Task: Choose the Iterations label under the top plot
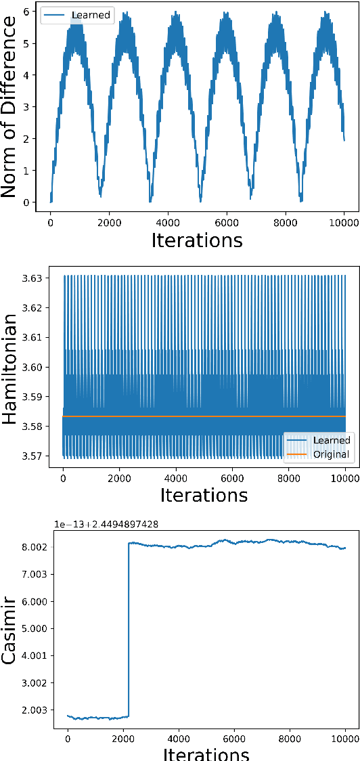(197, 240)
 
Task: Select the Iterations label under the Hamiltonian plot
(204, 494)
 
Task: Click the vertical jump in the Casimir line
(129, 630)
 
